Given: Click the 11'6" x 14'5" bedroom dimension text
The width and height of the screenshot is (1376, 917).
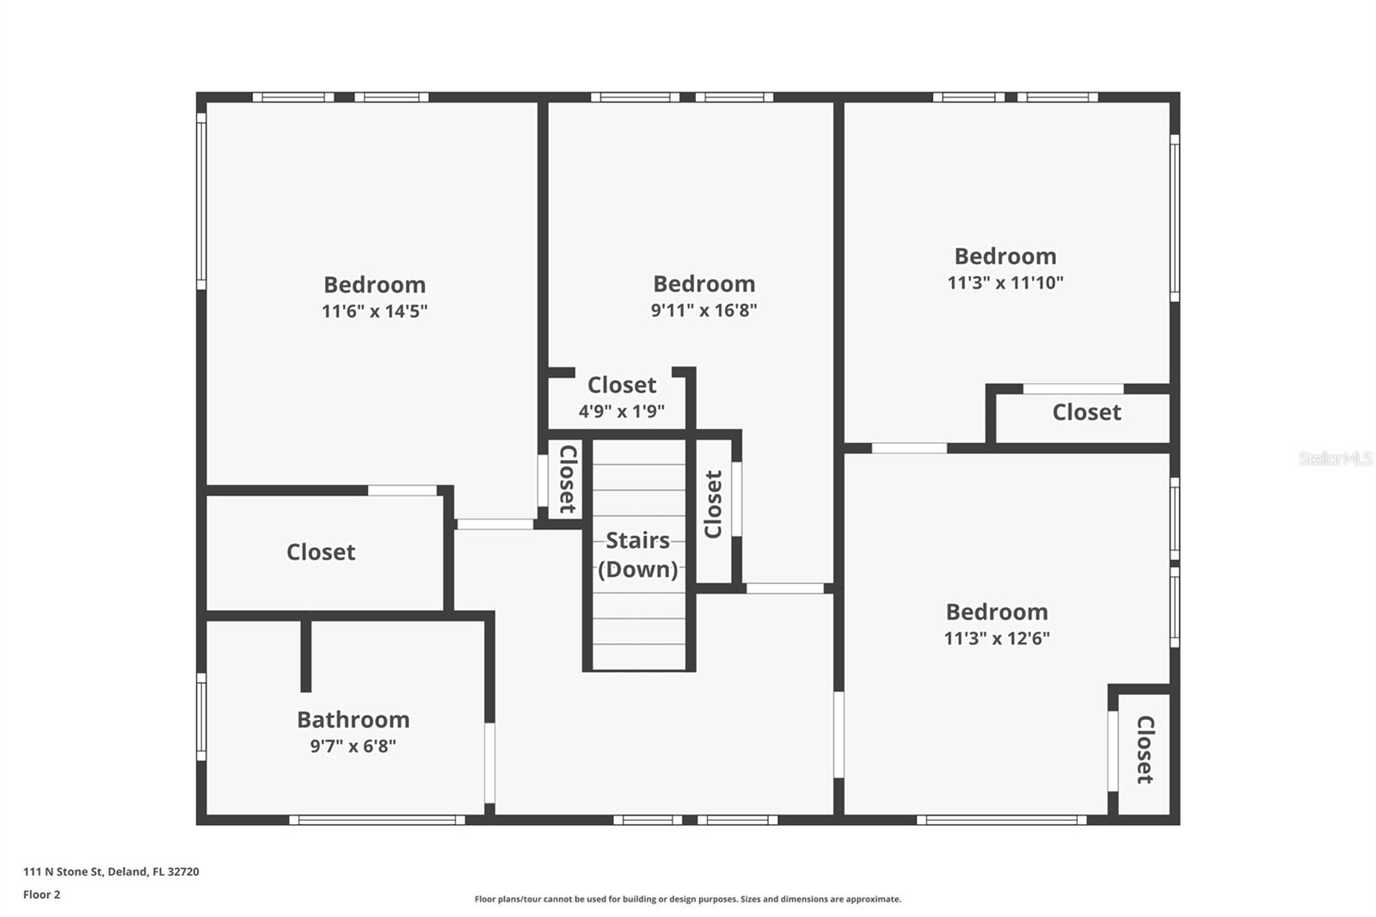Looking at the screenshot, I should (374, 311).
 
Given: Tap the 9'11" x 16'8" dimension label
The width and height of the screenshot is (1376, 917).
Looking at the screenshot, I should (703, 311).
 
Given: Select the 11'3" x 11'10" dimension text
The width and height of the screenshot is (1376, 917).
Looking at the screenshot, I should (1005, 283).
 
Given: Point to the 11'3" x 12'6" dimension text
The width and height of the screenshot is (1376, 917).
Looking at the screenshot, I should (997, 638).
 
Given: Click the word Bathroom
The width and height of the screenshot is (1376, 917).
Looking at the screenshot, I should (353, 719).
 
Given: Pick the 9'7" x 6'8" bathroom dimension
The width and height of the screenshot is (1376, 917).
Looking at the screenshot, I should (353, 746).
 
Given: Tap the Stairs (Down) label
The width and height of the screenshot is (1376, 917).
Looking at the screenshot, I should (637, 555).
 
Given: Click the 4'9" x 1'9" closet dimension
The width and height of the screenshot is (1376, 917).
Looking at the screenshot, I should (621, 411).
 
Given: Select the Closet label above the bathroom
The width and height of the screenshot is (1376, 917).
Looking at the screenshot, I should (321, 552).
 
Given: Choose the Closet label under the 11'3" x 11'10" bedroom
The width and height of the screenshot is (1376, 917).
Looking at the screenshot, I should (1086, 413).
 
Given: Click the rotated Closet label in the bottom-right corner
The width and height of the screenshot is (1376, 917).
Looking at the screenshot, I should (1145, 749).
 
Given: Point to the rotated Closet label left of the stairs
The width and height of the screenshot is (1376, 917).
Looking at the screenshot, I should (568, 479).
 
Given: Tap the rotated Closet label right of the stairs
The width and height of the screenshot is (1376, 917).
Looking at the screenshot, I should (713, 505).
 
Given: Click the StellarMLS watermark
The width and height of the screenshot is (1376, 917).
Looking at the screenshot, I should (1335, 459).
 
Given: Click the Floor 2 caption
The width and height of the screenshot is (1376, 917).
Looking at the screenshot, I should (41, 895).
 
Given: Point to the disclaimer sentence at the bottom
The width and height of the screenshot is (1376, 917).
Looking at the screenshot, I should (688, 899).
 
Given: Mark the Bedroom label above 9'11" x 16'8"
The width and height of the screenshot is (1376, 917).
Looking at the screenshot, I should (703, 284).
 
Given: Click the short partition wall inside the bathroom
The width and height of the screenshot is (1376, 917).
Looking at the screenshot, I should (305, 654).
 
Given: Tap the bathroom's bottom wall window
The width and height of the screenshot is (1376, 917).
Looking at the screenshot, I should (377, 820).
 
